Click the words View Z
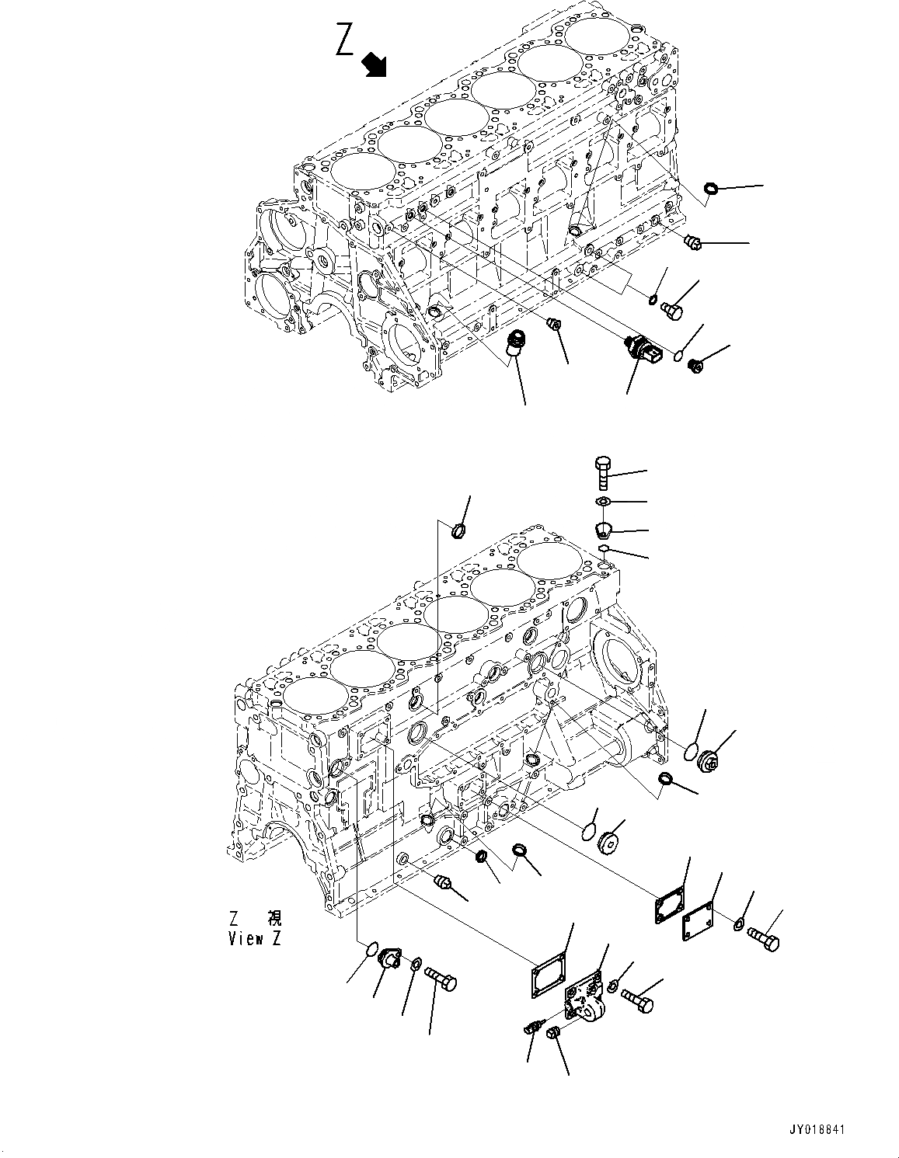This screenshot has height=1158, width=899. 254,937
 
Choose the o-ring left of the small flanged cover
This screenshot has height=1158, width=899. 371,949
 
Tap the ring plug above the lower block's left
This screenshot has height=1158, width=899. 458,531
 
